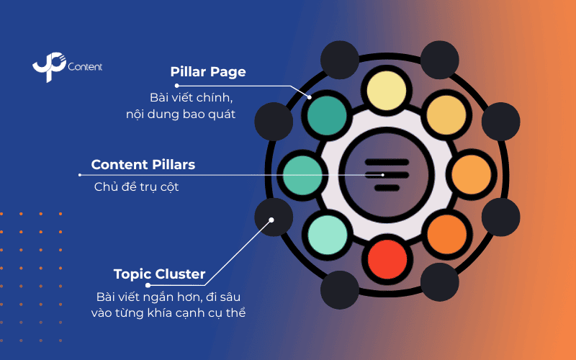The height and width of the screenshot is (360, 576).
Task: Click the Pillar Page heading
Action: [208, 72]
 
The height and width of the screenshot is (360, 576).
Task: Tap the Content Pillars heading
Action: [143, 164]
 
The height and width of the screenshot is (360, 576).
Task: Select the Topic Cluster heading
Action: [159, 274]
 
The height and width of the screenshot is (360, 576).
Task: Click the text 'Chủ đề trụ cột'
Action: [135, 187]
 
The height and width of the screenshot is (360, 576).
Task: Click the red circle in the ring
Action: [388, 257]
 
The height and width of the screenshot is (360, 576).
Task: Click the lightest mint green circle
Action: [329, 234]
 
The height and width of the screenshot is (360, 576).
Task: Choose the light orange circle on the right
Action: [470, 175]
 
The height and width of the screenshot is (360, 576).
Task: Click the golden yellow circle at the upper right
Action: [447, 115]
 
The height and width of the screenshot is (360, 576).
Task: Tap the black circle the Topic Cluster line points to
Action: [274, 217]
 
